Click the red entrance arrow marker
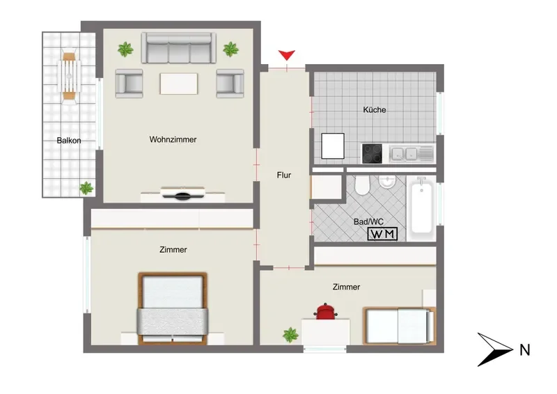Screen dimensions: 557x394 287,56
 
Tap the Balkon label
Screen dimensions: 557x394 69,141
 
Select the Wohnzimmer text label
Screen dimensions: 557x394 173,139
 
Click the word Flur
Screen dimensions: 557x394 284,175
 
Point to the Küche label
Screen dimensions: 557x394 375,110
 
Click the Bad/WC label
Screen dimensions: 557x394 368,221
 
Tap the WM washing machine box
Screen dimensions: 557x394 382,234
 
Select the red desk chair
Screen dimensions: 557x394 325,311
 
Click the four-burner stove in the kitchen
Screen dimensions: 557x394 372,153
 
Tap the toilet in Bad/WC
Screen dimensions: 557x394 362,184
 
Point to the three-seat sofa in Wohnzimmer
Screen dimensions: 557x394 179,48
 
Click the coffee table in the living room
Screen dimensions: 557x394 179,84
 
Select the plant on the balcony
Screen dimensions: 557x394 86,188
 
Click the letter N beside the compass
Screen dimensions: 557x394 525,350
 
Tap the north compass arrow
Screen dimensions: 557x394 495,349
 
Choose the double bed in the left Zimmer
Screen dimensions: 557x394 172,308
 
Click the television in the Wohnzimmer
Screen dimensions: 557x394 182,193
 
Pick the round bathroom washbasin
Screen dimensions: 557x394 386,182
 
